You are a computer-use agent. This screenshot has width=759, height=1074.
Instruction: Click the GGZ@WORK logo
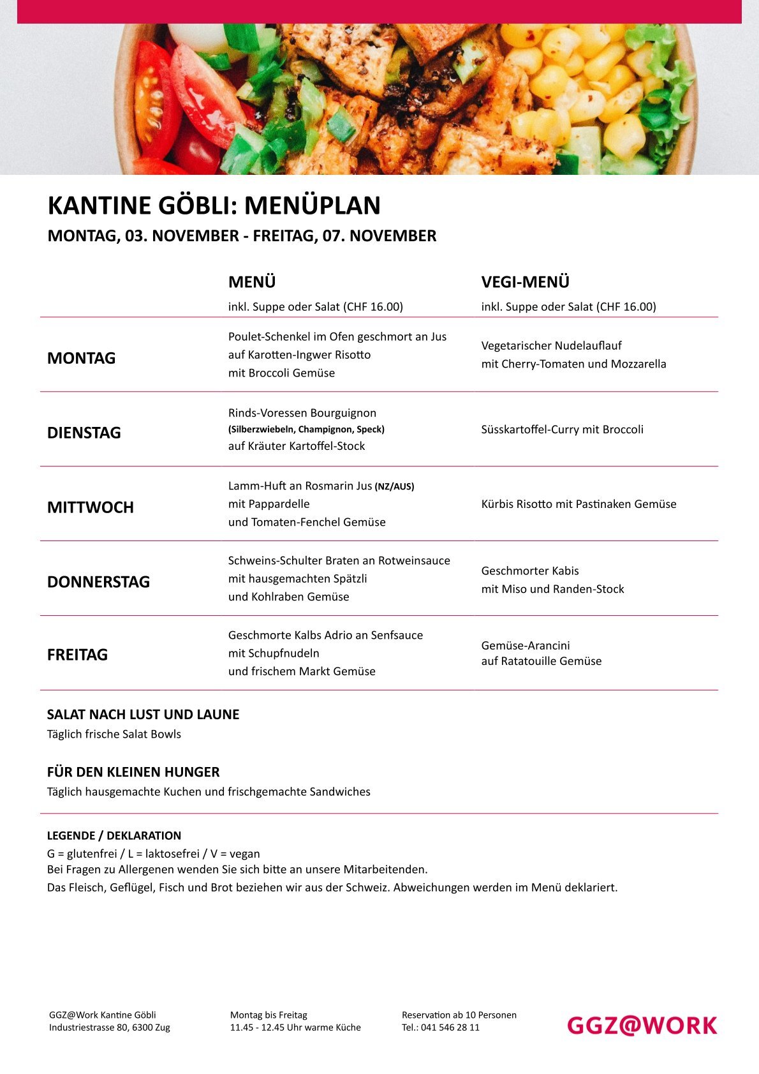coord(642,1025)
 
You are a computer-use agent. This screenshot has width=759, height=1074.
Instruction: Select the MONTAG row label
coord(82,358)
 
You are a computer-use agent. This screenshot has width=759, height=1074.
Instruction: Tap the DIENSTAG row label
coord(84,433)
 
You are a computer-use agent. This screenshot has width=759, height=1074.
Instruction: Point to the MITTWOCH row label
coord(91,507)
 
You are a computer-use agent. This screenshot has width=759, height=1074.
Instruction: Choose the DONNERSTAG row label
coord(99,582)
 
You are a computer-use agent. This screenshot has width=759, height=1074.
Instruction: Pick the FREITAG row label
coord(78,655)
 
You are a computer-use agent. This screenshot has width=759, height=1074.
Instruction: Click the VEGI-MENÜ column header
coord(525,282)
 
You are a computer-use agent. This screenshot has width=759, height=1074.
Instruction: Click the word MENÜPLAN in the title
coord(313,205)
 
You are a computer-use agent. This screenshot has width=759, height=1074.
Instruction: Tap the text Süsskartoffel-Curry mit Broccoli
coord(562,429)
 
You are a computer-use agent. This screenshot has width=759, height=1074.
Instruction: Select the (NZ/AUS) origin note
coord(394,486)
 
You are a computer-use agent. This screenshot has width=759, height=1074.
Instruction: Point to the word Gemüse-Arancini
coord(526,645)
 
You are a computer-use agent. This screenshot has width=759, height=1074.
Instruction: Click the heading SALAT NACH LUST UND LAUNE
coord(144,715)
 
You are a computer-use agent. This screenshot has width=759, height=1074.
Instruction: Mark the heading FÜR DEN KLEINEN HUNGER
coord(133,772)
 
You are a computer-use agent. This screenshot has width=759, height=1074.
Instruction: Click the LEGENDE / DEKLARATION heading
coord(114,835)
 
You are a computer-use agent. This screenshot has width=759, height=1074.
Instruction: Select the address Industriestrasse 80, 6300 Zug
coord(110,1027)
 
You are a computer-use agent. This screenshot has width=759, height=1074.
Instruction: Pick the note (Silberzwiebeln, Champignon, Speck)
coord(306,429)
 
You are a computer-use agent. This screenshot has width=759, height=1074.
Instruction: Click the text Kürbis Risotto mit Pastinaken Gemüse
coord(578,504)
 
